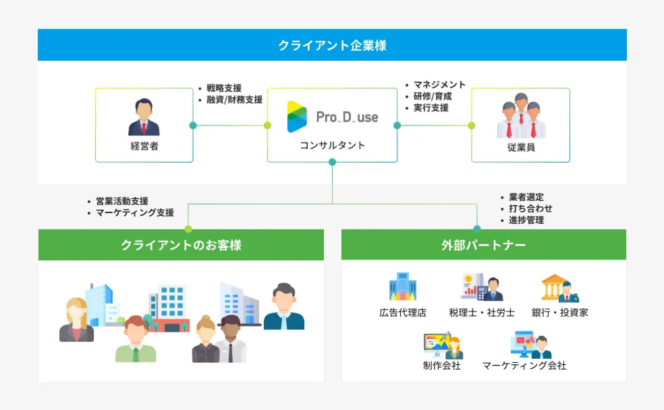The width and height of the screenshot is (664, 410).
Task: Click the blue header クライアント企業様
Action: coord(332,45)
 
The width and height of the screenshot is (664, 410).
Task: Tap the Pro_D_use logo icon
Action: coord(297,117)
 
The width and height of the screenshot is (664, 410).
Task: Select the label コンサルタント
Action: coord(332,146)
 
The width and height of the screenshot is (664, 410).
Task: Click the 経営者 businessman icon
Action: coord(144,117)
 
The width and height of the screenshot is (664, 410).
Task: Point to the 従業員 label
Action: coord(520,146)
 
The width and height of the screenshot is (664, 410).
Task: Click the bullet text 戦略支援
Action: coord(224,88)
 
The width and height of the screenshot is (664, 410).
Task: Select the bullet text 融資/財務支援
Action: coord(234,100)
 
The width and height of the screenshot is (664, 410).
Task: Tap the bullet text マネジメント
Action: coord(439,85)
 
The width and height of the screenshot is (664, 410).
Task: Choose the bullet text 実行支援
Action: coord(431,108)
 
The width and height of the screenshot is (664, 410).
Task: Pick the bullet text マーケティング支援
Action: coord(134,212)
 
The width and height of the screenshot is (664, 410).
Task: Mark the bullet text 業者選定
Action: coord(526,198)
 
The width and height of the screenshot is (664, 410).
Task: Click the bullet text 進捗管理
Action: coord(526,221)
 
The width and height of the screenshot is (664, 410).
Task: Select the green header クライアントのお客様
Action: coord(181,245)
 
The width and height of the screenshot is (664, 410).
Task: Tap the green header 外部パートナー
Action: coord(483,245)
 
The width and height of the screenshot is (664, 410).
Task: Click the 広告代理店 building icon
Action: coord(402,287)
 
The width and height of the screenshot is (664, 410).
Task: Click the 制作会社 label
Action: coord(441,365)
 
